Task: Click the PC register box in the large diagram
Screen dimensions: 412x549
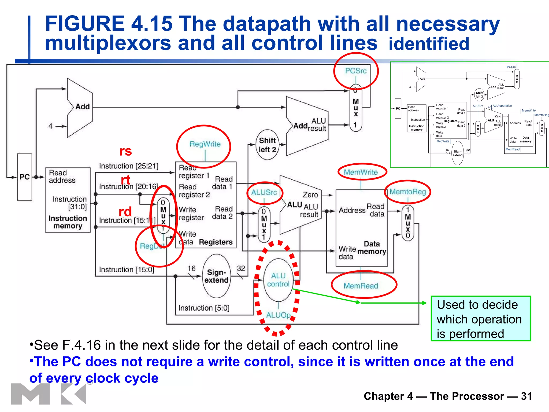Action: click(x=24, y=177)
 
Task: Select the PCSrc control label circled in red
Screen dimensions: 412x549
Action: click(x=356, y=71)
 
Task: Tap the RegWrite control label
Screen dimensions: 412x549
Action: click(x=205, y=144)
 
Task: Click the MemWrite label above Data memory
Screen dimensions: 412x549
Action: click(x=361, y=172)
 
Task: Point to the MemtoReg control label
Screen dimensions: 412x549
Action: click(x=407, y=192)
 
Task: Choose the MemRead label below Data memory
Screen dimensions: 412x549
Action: click(x=361, y=286)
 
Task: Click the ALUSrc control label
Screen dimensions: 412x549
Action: click(x=264, y=192)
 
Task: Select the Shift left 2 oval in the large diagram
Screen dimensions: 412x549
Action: click(x=267, y=145)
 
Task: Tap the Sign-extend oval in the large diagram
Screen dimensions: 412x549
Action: click(x=216, y=276)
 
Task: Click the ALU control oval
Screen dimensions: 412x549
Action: click(x=278, y=280)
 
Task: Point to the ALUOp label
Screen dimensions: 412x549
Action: click(x=278, y=315)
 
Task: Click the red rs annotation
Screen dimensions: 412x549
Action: click(x=125, y=151)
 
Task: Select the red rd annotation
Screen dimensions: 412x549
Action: click(x=125, y=212)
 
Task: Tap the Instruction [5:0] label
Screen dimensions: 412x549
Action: click(x=204, y=308)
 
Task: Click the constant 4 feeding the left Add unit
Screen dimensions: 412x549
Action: click(x=50, y=126)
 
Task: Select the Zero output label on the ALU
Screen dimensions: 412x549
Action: click(x=310, y=195)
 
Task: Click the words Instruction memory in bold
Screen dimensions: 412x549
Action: click(x=68, y=222)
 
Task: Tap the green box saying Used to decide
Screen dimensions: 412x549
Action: click(x=481, y=319)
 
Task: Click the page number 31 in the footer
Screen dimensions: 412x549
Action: click(x=526, y=396)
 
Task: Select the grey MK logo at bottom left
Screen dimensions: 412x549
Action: click(x=48, y=394)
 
